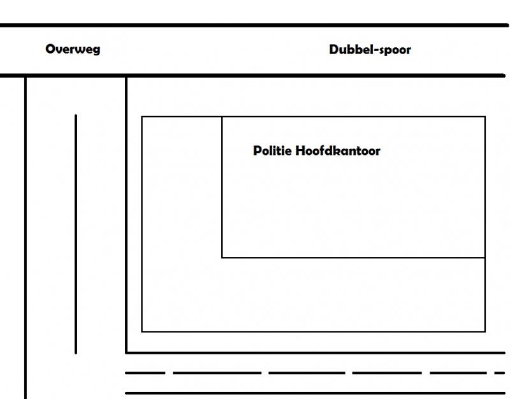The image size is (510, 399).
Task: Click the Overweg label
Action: point(73,50)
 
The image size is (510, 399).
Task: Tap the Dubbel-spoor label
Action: point(370,50)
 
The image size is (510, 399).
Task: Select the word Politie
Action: point(272,150)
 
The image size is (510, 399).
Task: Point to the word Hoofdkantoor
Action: point(338,150)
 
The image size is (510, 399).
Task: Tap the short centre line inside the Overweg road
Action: point(76,234)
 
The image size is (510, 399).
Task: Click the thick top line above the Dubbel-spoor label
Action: point(254,25)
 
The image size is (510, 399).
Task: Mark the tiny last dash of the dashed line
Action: point(500,373)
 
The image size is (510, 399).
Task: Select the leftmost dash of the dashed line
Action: point(145,373)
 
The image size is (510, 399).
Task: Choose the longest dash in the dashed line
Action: point(217,373)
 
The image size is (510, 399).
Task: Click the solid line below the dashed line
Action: point(315,393)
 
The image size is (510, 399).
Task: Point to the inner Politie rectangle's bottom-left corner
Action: point(222,258)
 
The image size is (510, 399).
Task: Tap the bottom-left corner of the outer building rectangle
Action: point(142,331)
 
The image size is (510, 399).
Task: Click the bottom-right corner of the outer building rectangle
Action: point(485,331)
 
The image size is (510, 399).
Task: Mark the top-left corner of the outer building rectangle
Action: point(142,117)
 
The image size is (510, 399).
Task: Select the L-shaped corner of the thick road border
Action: point(126,352)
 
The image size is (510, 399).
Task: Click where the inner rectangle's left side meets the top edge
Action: point(222,117)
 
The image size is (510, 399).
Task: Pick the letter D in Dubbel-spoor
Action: point(333,50)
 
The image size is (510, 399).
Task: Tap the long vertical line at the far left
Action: point(25,238)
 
